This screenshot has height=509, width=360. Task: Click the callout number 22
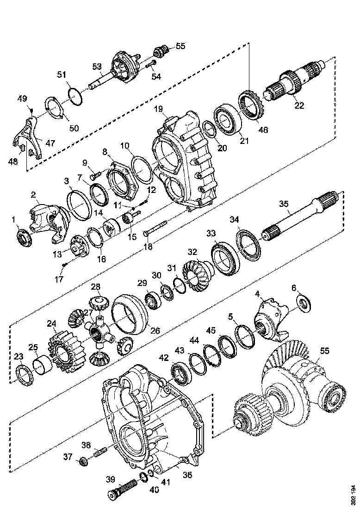299,105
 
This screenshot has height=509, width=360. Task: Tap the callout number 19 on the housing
159,110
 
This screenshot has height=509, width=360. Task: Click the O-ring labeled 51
75,93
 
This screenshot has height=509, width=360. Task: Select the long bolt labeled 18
155,230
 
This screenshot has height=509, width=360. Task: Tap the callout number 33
211,234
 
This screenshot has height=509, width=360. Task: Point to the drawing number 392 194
354,495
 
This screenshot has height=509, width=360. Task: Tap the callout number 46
263,130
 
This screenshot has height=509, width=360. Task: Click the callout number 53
97,67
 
